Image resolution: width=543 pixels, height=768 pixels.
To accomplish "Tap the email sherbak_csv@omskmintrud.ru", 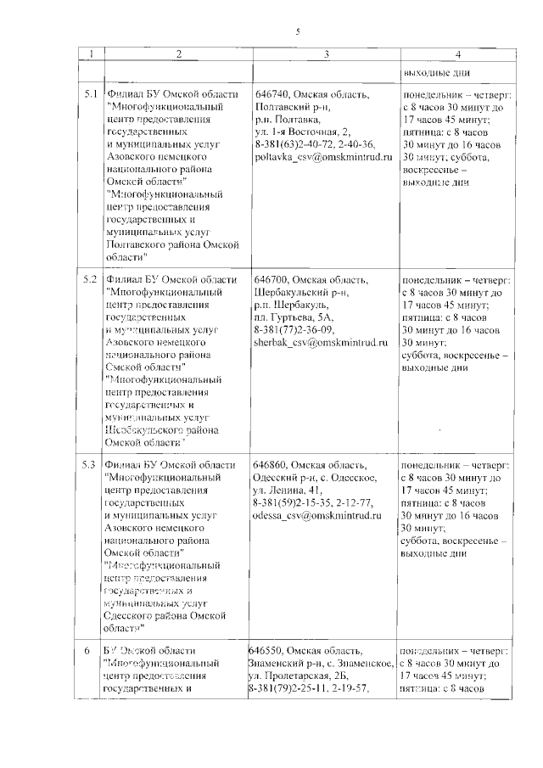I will pos(320,343).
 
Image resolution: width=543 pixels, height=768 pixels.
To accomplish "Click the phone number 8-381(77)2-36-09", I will pos(294,330).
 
